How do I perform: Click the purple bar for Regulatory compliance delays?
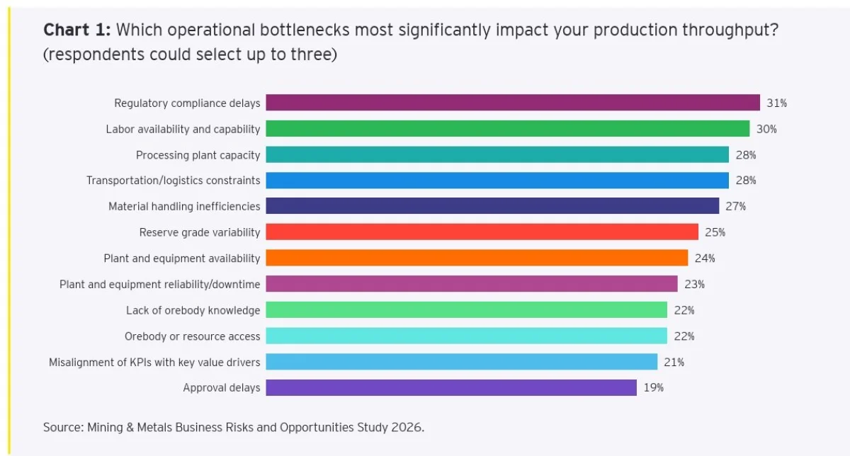tap(513, 103)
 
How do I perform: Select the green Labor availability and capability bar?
tap(507, 129)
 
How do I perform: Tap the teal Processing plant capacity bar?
tap(497, 154)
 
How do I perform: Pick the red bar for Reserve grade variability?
tap(482, 232)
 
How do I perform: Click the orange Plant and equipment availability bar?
tap(477, 258)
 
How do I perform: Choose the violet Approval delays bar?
tap(451, 387)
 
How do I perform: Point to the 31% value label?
tap(776, 103)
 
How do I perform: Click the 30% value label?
tap(766, 129)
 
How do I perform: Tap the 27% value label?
tap(735, 207)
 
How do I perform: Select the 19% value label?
tap(653, 388)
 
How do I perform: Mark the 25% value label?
tap(715, 232)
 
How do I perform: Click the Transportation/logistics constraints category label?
tap(174, 181)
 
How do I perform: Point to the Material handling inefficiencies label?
tap(184, 207)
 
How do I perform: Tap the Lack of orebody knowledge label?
tap(193, 310)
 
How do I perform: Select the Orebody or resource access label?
tap(193, 336)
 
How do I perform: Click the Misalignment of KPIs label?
tap(154, 363)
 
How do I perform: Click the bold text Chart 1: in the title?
tap(76, 30)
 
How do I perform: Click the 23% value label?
tap(694, 285)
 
